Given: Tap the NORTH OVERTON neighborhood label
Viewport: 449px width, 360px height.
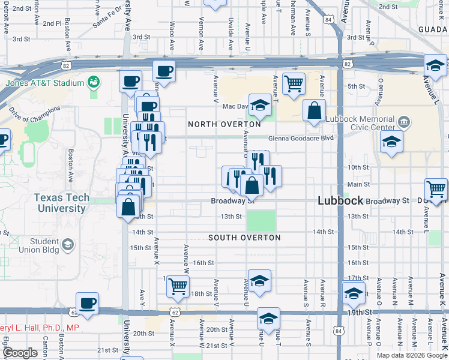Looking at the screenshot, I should pos(224,124).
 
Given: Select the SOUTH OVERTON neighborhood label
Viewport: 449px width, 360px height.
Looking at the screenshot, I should pos(244,238).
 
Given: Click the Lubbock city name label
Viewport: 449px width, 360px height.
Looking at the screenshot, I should pos(338,202).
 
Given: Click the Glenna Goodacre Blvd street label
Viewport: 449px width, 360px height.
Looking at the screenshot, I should pos(301,138).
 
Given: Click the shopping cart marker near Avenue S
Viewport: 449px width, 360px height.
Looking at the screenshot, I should pos(294,84).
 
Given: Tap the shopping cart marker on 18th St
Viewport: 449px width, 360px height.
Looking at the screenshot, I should pos(178,286).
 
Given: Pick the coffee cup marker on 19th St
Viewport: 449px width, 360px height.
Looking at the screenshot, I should pos(88,303).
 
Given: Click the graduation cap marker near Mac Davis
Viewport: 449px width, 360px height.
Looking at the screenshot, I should pos(260,105).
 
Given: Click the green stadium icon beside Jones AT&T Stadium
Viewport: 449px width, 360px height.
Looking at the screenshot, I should pos(94,81).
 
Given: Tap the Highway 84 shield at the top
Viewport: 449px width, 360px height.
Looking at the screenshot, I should pos(327,19).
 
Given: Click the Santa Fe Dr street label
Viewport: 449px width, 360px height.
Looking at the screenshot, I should pos(106,21).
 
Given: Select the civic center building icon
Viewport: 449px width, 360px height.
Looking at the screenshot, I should pos(405,122).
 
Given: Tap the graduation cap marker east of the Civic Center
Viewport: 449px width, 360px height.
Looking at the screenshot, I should pos(391,142).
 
